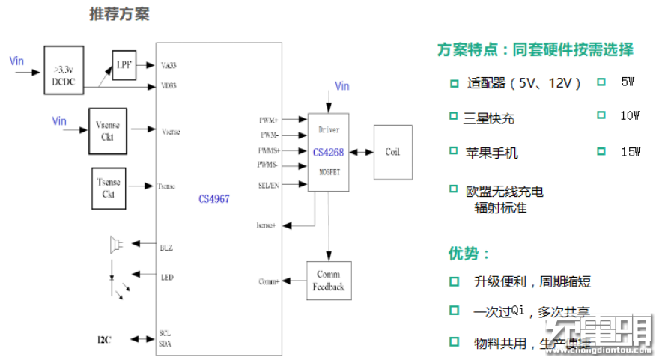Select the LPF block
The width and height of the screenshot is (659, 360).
(124, 65)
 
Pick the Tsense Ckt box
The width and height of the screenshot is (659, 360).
(108, 189)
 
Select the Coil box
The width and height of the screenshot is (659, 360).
(392, 152)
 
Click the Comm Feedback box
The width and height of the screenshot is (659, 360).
(329, 281)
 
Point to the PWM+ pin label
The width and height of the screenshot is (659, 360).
(268, 120)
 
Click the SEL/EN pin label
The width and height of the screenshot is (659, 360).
(268, 184)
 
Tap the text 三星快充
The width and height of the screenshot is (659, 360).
(489, 118)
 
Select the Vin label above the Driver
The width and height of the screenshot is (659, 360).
(341, 86)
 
